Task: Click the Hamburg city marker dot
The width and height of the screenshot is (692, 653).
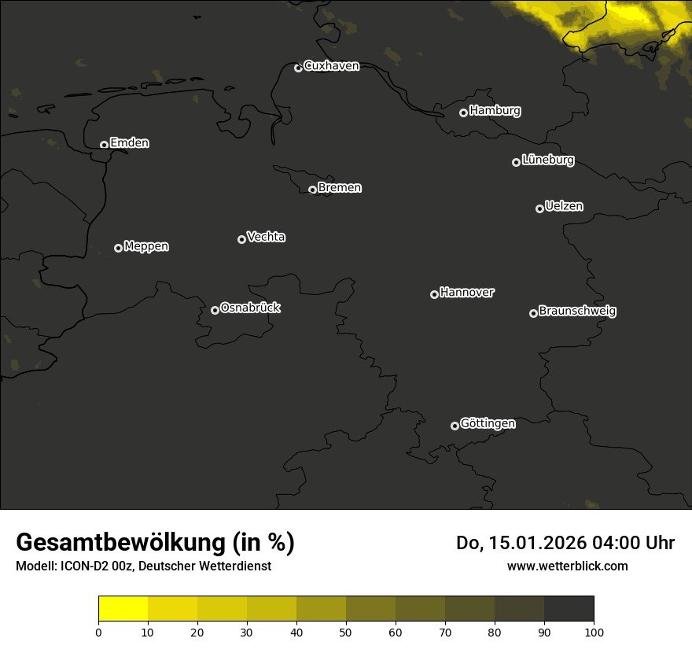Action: (x=463, y=113)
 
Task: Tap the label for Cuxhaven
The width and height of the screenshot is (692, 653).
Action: (x=331, y=66)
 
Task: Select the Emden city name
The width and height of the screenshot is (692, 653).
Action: (x=129, y=143)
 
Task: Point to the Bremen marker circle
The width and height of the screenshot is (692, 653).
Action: (x=312, y=190)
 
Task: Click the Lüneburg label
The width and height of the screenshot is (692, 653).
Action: (x=547, y=160)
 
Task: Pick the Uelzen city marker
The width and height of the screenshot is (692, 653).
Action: (x=539, y=208)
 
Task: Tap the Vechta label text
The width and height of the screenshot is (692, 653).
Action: (x=266, y=237)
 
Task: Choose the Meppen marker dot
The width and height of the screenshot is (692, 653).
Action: (x=118, y=248)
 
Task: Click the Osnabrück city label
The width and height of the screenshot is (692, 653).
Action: (x=250, y=308)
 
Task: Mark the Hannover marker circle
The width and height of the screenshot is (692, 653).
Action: (x=434, y=294)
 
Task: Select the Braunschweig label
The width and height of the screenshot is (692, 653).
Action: (x=577, y=312)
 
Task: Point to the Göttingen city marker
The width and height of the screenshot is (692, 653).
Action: (x=455, y=426)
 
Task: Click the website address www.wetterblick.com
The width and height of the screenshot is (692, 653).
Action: (x=567, y=566)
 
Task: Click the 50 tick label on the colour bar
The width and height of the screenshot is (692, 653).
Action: (x=346, y=632)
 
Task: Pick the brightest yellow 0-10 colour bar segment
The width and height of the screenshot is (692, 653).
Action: (x=123, y=608)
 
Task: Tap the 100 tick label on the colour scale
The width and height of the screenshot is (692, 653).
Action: (x=594, y=632)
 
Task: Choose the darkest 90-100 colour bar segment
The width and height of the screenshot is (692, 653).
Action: (x=569, y=608)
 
